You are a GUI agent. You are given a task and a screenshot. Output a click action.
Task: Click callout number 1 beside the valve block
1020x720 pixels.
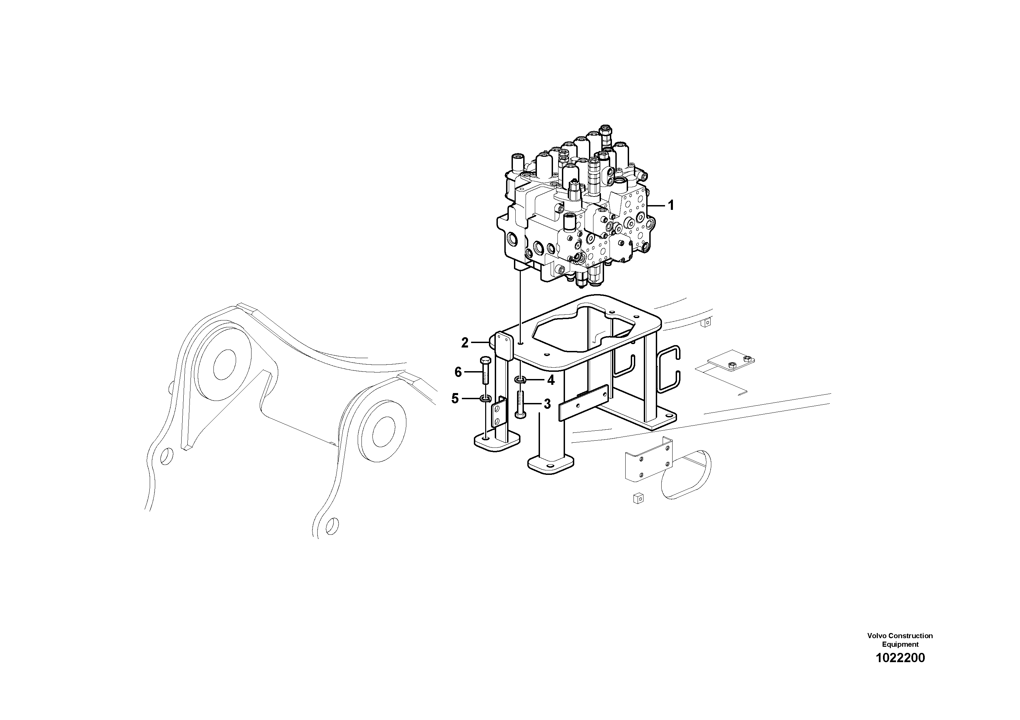[671, 205]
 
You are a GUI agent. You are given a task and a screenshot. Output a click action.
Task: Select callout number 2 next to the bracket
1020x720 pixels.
[465, 343]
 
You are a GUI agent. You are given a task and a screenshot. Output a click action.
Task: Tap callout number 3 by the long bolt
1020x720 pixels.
[547, 404]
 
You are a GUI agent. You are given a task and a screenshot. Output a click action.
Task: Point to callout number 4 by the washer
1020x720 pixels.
[551, 380]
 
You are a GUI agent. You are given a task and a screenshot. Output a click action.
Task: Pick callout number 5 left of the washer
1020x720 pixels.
[455, 399]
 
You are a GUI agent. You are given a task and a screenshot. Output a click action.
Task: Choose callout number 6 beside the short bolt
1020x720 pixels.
[458, 372]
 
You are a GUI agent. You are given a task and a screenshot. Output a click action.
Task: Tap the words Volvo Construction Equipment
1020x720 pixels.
[900, 640]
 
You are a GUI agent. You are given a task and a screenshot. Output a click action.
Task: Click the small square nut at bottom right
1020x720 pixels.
[638, 498]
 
